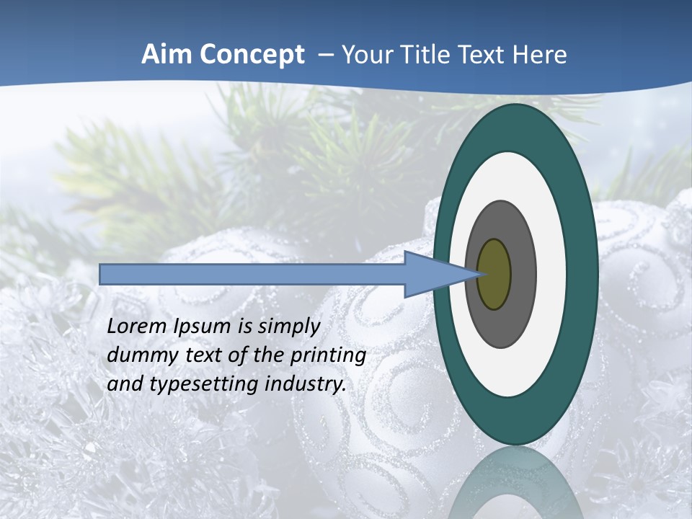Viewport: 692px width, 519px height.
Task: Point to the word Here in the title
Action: pos(541,55)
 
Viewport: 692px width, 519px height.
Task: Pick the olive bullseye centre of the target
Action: pos(494,275)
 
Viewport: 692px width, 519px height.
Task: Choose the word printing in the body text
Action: pos(329,356)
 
